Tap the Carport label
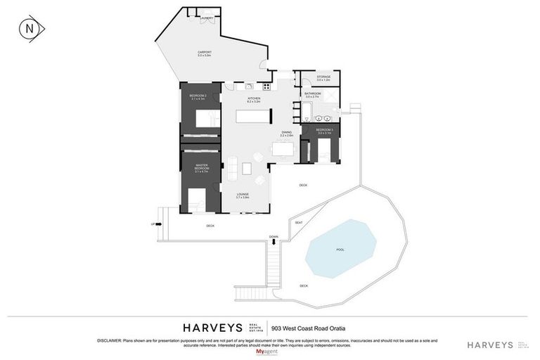click(x=205, y=53)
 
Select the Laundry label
click(x=207, y=18)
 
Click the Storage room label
click(x=323, y=77)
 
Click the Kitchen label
click(x=254, y=100)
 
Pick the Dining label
click(x=286, y=133)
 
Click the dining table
click(x=283, y=150)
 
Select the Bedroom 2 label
click(x=198, y=96)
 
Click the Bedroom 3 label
click(x=323, y=131)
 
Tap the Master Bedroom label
click(x=200, y=168)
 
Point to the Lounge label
click(x=243, y=196)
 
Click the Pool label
click(x=340, y=250)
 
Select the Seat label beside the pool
click(x=299, y=222)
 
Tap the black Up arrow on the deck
click(x=158, y=224)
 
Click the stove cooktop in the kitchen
click(x=266, y=87)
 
